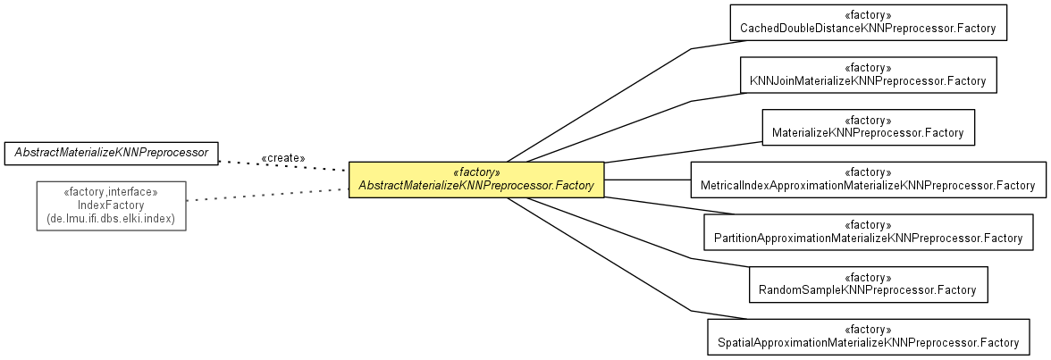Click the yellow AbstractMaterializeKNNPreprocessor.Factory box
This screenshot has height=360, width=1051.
pos(476,180)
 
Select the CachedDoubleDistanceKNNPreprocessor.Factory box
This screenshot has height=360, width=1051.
pos(868,22)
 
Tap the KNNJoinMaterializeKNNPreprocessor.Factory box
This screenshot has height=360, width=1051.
pos(868,74)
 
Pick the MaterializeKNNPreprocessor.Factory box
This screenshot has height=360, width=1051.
pos(868,127)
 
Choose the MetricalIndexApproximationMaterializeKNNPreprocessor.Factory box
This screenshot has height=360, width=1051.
pos(868,180)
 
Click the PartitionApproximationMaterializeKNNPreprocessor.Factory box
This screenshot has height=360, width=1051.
pos(868,231)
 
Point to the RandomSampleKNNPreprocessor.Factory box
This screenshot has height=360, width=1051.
pos(868,284)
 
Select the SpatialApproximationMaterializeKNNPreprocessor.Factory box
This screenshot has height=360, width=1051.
pos(868,336)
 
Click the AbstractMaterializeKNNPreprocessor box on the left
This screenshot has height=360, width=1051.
pos(112,154)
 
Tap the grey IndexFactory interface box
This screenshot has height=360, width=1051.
pos(111,205)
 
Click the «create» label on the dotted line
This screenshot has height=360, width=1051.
pos(282,158)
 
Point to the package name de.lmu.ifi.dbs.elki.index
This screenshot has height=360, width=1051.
pos(111,219)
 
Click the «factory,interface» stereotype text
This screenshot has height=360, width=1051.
pos(111,191)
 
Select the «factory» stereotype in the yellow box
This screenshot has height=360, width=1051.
pos(476,172)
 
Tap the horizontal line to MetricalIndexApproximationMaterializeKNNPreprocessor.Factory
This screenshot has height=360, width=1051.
pos(647,180)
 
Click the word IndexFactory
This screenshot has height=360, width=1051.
pos(111,205)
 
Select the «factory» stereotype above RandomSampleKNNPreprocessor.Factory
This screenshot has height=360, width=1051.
pos(868,277)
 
